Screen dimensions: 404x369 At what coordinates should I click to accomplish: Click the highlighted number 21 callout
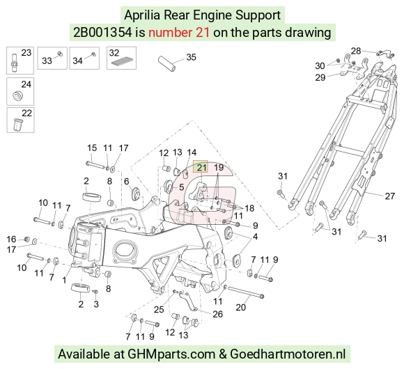click(201, 168)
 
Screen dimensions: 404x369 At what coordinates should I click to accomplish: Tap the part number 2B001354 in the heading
click(102, 33)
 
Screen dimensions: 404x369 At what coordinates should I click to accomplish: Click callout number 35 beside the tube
click(191, 57)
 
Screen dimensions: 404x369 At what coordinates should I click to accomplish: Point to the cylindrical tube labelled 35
click(166, 63)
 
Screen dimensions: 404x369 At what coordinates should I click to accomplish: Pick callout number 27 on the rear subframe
click(389, 196)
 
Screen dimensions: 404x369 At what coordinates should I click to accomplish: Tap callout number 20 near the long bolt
click(240, 307)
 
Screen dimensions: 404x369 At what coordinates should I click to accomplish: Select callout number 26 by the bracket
click(217, 314)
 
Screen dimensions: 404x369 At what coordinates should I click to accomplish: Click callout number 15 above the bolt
click(92, 148)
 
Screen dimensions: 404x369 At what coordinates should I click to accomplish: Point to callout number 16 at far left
click(11, 240)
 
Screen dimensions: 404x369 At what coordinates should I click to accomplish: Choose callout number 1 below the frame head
click(64, 280)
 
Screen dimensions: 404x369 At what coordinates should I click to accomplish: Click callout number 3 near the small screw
click(96, 304)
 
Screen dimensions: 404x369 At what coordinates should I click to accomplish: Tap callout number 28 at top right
click(356, 51)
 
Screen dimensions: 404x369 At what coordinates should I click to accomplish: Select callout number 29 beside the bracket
click(320, 77)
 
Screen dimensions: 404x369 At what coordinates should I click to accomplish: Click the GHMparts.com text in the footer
click(171, 354)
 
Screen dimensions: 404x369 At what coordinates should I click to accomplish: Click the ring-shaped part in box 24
click(18, 96)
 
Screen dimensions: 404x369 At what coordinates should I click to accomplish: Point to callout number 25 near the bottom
click(159, 309)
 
